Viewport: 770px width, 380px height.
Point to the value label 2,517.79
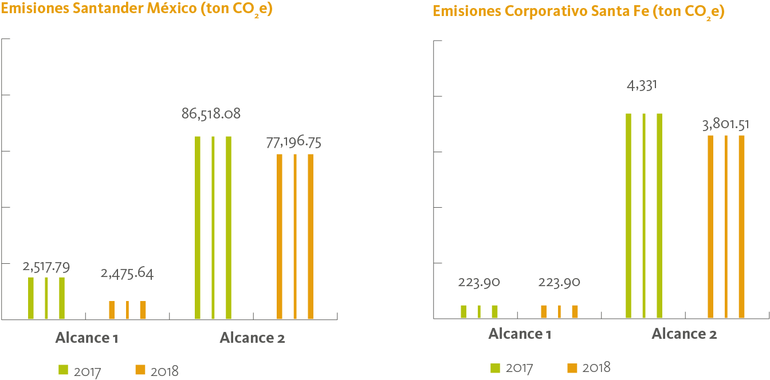[46, 267]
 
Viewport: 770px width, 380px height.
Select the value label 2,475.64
[127, 274]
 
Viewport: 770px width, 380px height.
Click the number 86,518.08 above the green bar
[211, 114]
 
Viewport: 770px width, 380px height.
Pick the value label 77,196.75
[293, 142]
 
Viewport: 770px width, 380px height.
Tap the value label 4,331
[642, 86]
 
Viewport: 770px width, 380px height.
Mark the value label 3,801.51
[725, 125]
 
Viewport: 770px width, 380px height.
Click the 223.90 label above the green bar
[479, 282]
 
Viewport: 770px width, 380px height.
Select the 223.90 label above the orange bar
[559, 282]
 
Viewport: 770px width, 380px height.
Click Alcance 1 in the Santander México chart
[87, 338]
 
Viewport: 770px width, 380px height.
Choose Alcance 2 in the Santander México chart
[252, 338]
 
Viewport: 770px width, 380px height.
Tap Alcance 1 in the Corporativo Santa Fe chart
[520, 334]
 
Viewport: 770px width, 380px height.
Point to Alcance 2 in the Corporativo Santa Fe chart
[684, 334]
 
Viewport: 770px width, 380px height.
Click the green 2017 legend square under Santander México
[63, 370]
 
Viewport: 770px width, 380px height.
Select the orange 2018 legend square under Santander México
[140, 370]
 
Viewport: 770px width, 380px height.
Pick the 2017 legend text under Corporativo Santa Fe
[519, 368]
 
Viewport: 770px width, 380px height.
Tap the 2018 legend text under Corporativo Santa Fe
[596, 368]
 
